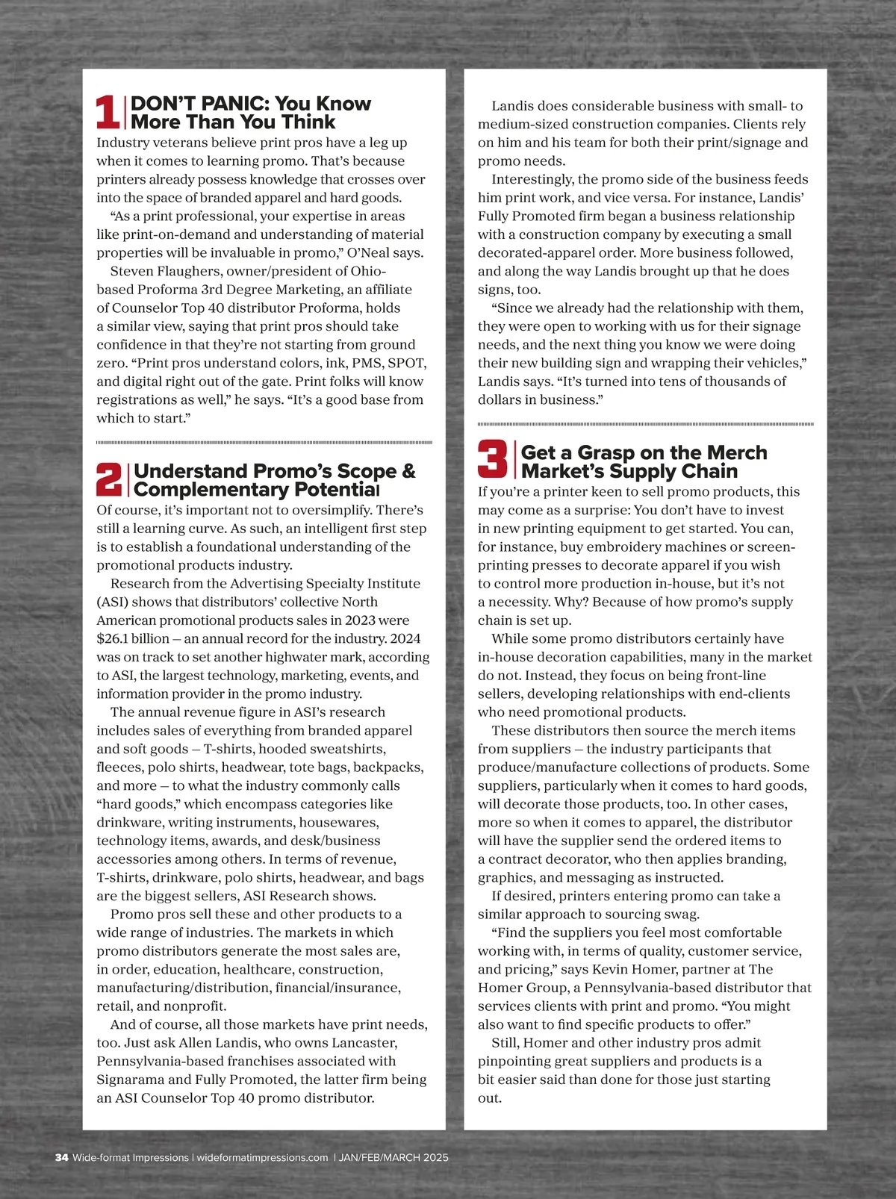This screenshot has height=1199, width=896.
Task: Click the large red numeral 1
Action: click(109, 112)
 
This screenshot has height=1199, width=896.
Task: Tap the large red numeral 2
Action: click(110, 479)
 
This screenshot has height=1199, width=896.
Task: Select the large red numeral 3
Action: click(493, 459)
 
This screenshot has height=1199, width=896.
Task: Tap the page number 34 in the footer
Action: click(61, 1158)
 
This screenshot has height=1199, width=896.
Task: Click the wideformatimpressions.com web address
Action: click(262, 1158)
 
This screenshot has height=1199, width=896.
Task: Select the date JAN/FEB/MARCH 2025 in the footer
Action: click(393, 1158)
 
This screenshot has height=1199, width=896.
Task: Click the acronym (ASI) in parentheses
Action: click(113, 602)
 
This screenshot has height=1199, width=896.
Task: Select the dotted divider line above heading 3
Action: click(645, 424)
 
